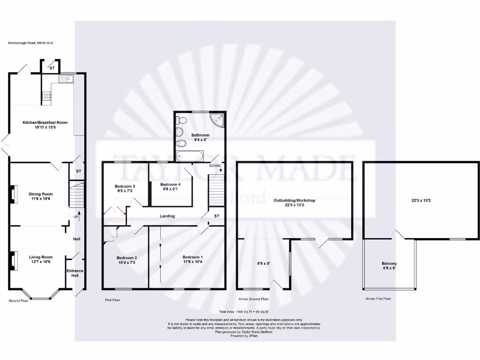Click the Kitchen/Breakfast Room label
tap(45, 122)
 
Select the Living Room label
tap(41, 257)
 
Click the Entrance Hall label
tap(75, 273)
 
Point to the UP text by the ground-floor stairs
tap(75, 217)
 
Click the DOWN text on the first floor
tap(215, 166)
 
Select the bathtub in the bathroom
tap(189, 155)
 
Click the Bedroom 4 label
tap(170, 184)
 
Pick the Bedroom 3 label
tap(125, 186)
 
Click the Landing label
tap(167, 216)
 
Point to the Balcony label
tap(389, 263)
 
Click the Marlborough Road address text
tap(30, 43)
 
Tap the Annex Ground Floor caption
tap(254, 299)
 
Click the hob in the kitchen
tap(47, 97)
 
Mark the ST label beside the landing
tap(217, 216)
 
